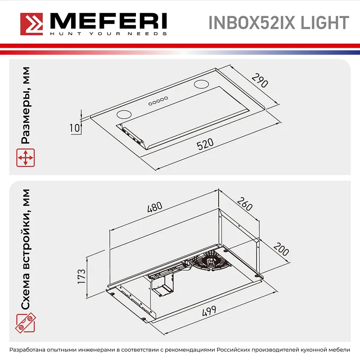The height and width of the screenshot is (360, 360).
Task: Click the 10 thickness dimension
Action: tap(75, 128)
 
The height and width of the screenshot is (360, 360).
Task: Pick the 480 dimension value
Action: tap(154, 208)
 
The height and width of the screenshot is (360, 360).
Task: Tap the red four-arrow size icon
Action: tap(26, 158)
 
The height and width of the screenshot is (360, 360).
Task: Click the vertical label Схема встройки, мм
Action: tap(26, 250)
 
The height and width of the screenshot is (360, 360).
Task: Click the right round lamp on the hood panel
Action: tap(201, 84)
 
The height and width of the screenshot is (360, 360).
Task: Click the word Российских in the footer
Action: tap(235, 350)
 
